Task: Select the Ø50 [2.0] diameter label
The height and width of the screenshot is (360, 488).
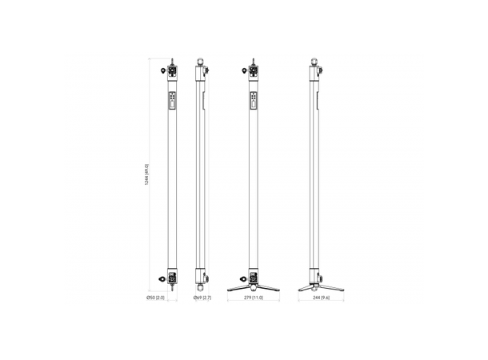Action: [x=154, y=298]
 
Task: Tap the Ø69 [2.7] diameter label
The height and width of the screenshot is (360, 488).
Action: [x=202, y=298]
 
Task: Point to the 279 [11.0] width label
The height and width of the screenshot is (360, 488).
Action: [x=252, y=298]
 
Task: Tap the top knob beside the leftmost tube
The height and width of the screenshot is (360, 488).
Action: [x=164, y=71]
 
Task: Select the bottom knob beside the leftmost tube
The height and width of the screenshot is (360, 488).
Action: [x=164, y=279]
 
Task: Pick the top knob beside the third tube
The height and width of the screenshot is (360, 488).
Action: [x=245, y=71]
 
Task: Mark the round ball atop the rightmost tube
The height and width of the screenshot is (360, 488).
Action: [x=313, y=60]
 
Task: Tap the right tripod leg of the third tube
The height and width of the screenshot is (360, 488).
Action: [x=269, y=286]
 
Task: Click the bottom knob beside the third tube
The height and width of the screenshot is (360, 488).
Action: [x=245, y=278]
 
